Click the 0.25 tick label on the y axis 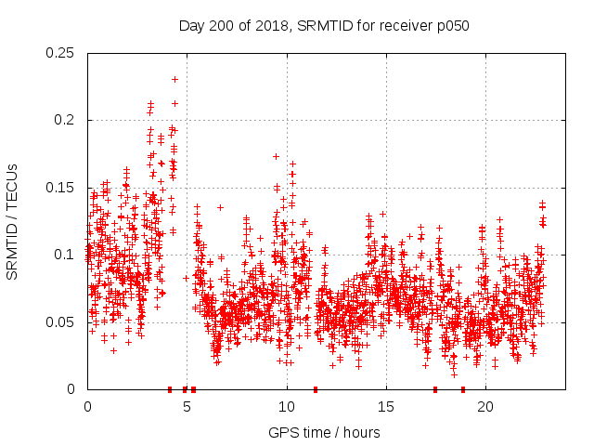click(x=60, y=53)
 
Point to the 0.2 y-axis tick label click(x=64, y=120)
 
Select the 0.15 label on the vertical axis click(x=60, y=188)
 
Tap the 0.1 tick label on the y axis click(x=64, y=255)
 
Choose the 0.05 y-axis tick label click(x=60, y=322)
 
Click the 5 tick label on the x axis click(x=187, y=407)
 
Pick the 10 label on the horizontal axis click(x=286, y=407)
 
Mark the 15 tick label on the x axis click(x=386, y=407)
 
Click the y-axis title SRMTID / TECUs click(x=13, y=221)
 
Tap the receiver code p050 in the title click(x=453, y=26)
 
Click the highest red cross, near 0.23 click(x=174, y=80)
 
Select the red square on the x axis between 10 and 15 click(x=316, y=389)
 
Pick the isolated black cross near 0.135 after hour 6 click(x=220, y=207)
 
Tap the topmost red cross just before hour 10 click(x=276, y=157)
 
